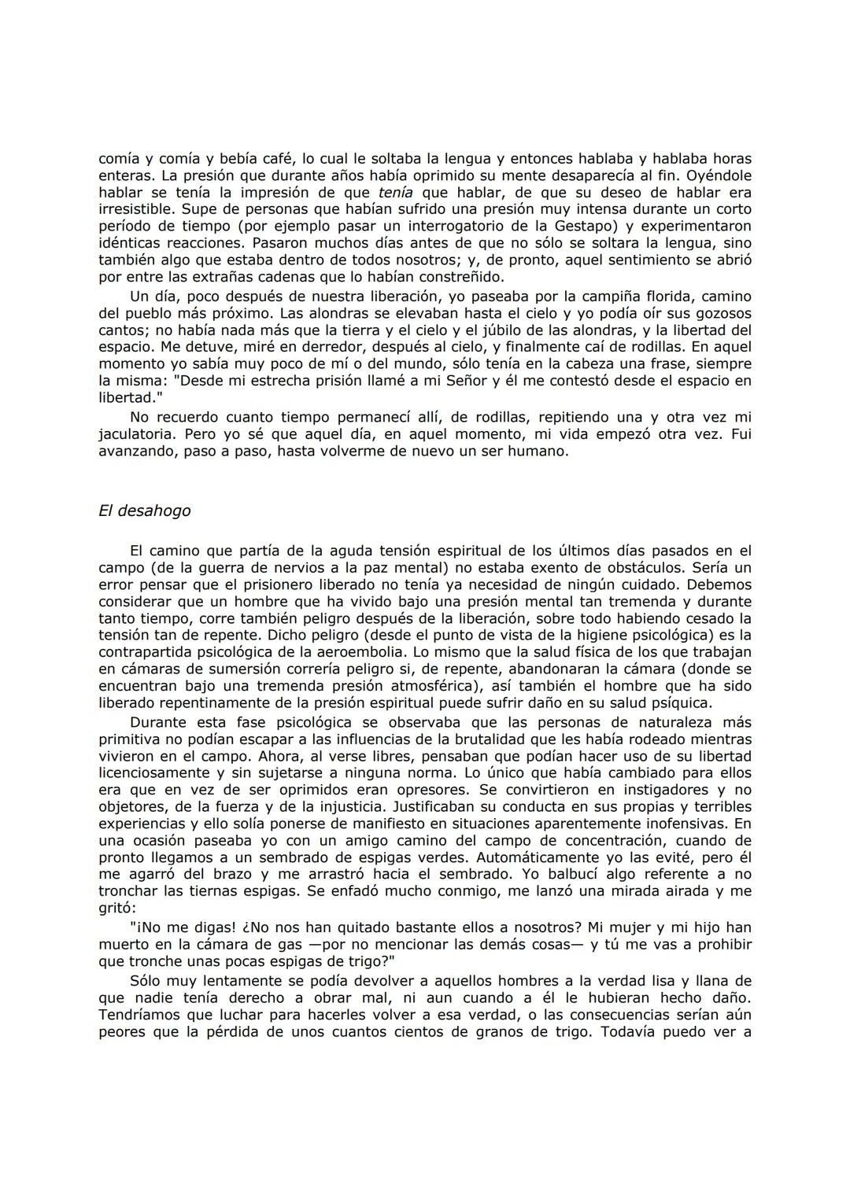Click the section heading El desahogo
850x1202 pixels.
144,511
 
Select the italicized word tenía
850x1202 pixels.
395,192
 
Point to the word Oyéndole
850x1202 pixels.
715,175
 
